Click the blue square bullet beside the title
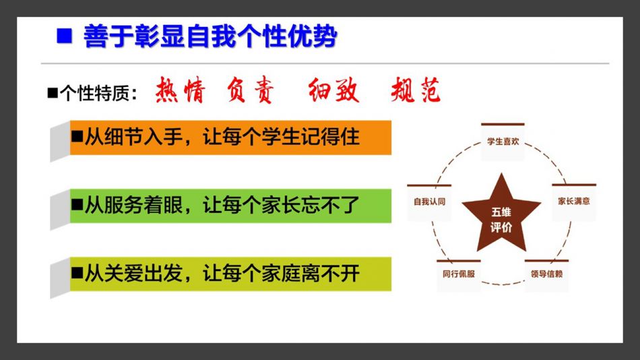(64, 36)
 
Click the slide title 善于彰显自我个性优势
(210, 36)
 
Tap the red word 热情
(180, 90)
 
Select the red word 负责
(250, 90)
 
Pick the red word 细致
(333, 90)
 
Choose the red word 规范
(416, 90)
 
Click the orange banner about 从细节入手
(230, 138)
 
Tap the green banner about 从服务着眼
(230, 206)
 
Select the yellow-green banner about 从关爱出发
(230, 274)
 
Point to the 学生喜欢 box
(503, 142)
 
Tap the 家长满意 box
(574, 202)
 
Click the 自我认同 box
(429, 202)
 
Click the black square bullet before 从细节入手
(77, 136)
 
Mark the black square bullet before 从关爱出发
(77, 272)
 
